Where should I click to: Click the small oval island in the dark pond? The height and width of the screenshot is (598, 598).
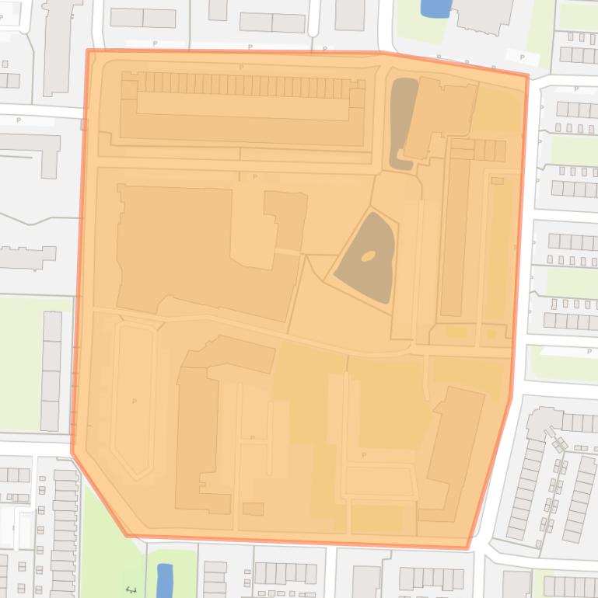coord(369,255)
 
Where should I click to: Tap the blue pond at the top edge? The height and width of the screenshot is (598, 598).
coord(435,8)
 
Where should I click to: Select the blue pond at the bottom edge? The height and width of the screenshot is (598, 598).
coord(164,579)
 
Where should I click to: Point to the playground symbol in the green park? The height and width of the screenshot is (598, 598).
coord(131,590)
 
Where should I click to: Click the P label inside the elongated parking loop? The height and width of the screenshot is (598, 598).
coord(135,402)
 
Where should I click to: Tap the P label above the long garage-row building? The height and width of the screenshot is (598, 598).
coord(242,68)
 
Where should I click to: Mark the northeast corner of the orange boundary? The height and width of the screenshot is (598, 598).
coord(528,75)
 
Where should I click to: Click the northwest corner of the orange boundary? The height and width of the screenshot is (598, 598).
coord(88,50)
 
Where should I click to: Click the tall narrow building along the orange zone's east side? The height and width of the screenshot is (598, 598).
coord(456,233)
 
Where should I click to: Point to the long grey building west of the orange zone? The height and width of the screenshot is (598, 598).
coord(51,370)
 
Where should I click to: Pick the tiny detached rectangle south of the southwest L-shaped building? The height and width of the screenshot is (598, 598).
coord(253,509)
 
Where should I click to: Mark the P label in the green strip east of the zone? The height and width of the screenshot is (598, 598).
coord(589,352)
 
